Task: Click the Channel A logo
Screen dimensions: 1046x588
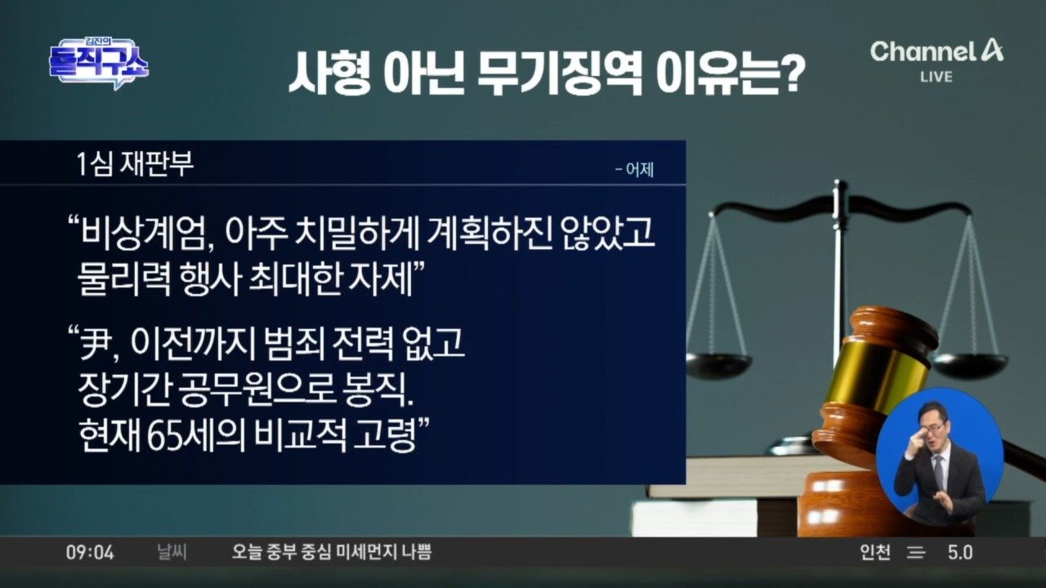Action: pos(936,51)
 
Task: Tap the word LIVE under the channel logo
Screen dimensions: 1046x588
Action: pos(936,77)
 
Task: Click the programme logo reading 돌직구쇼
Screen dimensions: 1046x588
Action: pos(99,63)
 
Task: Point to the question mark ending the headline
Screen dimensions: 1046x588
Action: pos(793,73)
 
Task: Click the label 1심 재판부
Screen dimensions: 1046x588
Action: pos(135,164)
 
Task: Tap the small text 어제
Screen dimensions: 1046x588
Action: pos(640,170)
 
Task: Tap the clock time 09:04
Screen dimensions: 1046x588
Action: pos(90,553)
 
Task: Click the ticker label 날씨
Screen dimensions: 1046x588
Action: pos(172,553)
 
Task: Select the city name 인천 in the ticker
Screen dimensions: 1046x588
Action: pos(875,553)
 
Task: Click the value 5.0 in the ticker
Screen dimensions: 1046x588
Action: pos(960,553)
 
